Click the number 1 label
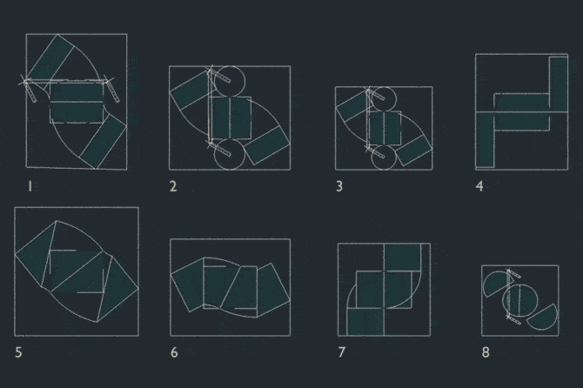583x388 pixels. click(30, 186)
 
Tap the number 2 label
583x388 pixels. click(173, 186)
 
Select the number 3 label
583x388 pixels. click(339, 186)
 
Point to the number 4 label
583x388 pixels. click(479, 186)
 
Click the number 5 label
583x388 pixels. click(18, 352)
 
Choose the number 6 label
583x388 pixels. click(174, 352)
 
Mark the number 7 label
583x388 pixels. click(342, 352)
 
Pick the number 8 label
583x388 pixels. click(486, 352)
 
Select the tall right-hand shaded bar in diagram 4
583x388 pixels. click(559, 84)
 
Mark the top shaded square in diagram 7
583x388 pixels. click(402, 258)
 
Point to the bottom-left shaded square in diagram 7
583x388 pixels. click(365, 322)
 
